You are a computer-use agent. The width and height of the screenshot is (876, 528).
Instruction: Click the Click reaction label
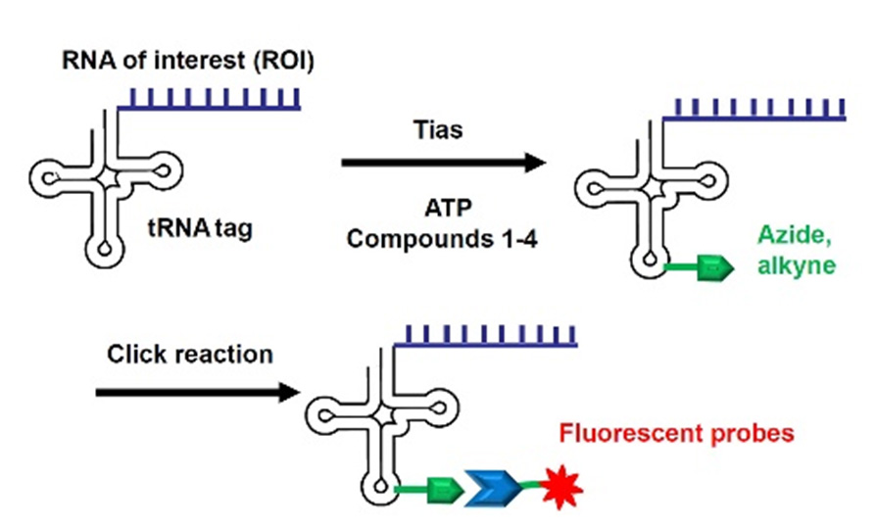tap(190, 354)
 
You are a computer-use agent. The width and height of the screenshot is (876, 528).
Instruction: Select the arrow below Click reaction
tap(197, 393)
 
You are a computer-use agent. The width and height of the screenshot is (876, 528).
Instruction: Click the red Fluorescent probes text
tap(704, 432)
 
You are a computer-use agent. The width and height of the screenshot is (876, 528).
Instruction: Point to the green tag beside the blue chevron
tap(443, 485)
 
